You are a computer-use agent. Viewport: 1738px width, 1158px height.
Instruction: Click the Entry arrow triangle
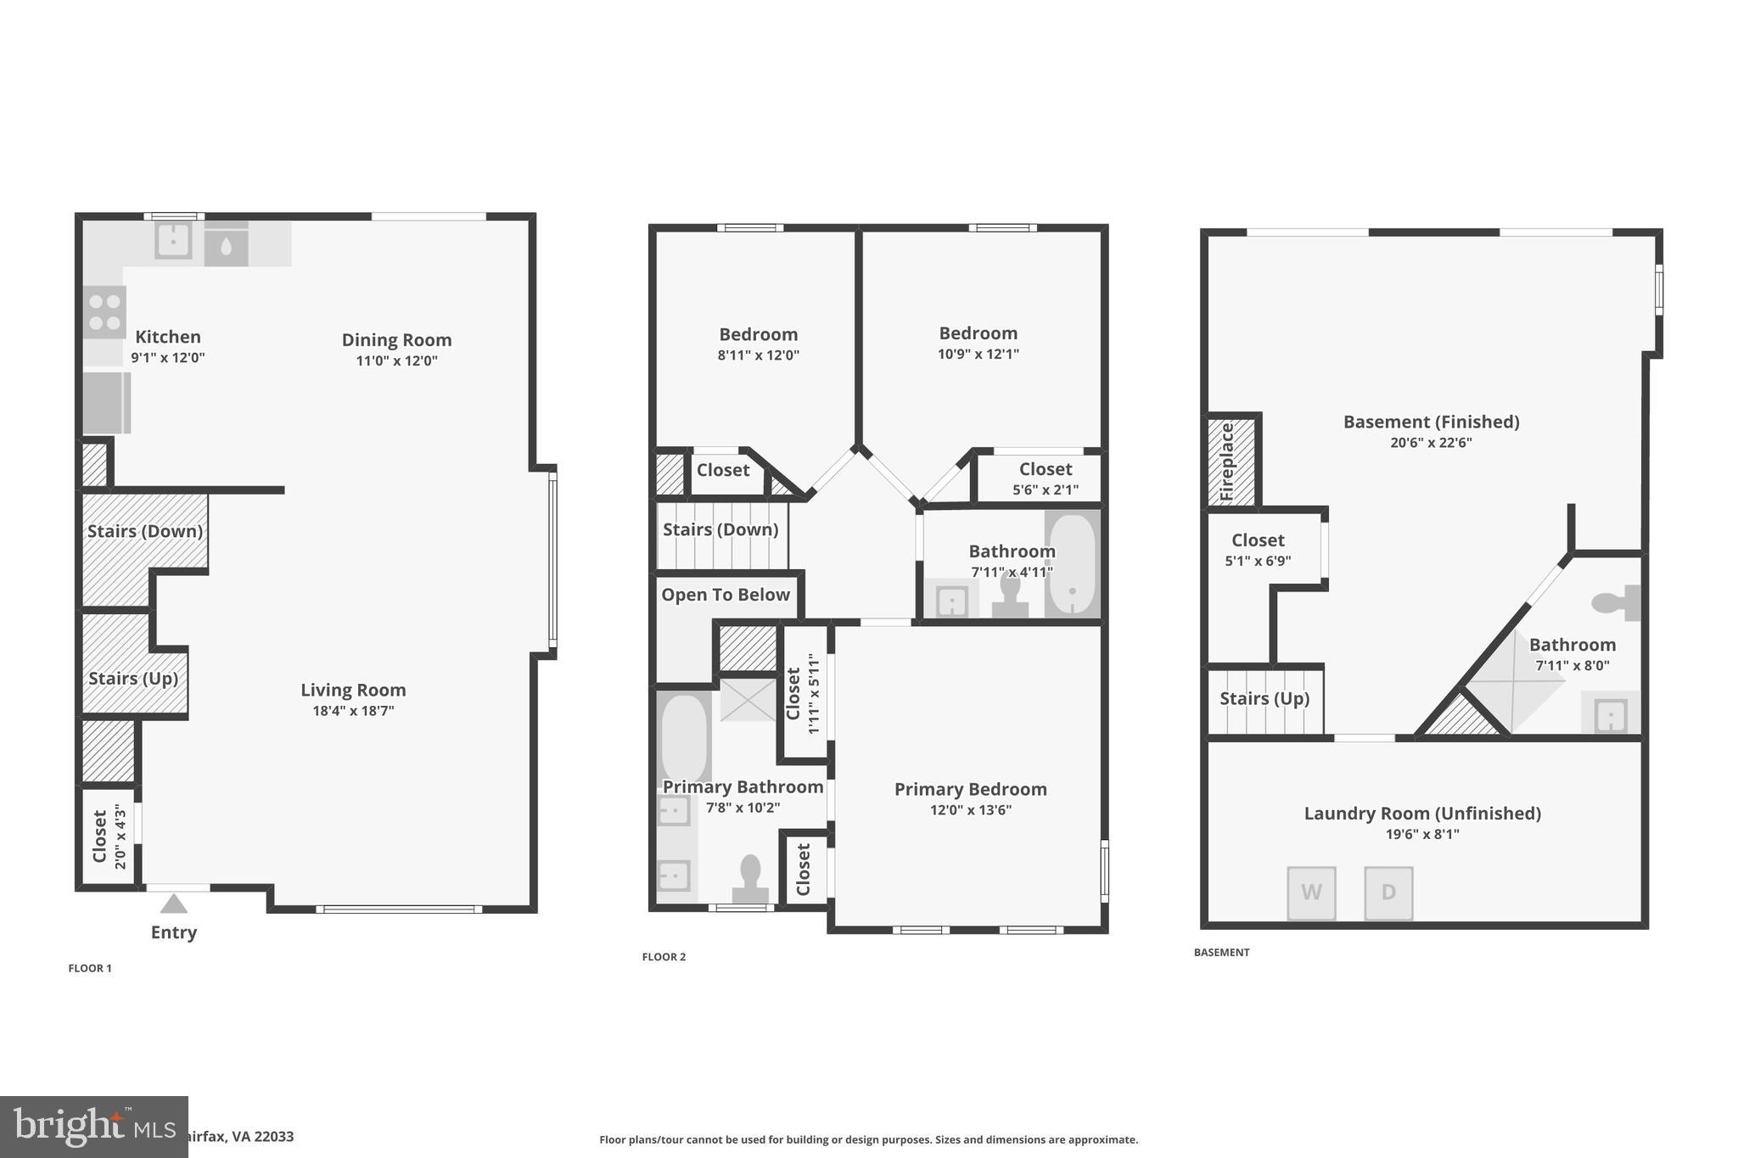(173, 903)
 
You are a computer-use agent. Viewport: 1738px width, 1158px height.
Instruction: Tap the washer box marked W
(1311, 892)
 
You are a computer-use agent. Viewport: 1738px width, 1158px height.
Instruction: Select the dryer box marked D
(1388, 892)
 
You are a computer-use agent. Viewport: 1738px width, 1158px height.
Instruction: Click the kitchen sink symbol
(173, 241)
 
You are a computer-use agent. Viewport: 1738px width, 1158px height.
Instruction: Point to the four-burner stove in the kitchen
(104, 312)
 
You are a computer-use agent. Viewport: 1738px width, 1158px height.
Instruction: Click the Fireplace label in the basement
(1227, 462)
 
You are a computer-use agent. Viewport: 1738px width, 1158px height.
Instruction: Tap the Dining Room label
(396, 340)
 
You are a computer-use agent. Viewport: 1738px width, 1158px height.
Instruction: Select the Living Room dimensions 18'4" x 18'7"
(353, 711)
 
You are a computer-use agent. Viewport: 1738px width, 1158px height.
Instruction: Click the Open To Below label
(726, 595)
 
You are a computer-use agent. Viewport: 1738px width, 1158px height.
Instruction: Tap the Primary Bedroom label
(970, 789)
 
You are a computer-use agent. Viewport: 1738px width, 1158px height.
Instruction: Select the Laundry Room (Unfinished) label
(1422, 814)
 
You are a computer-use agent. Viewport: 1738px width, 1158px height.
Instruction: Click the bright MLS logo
(93, 1127)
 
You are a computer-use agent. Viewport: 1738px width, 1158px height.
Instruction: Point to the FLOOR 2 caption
(664, 957)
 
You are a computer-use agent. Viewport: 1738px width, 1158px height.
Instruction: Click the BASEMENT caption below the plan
(1221, 953)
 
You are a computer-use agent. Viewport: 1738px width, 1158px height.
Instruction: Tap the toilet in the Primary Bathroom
(750, 879)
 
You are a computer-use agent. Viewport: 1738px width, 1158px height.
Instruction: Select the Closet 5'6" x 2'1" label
(1046, 478)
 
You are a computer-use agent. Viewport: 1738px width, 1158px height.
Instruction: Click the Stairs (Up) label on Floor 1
(133, 679)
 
